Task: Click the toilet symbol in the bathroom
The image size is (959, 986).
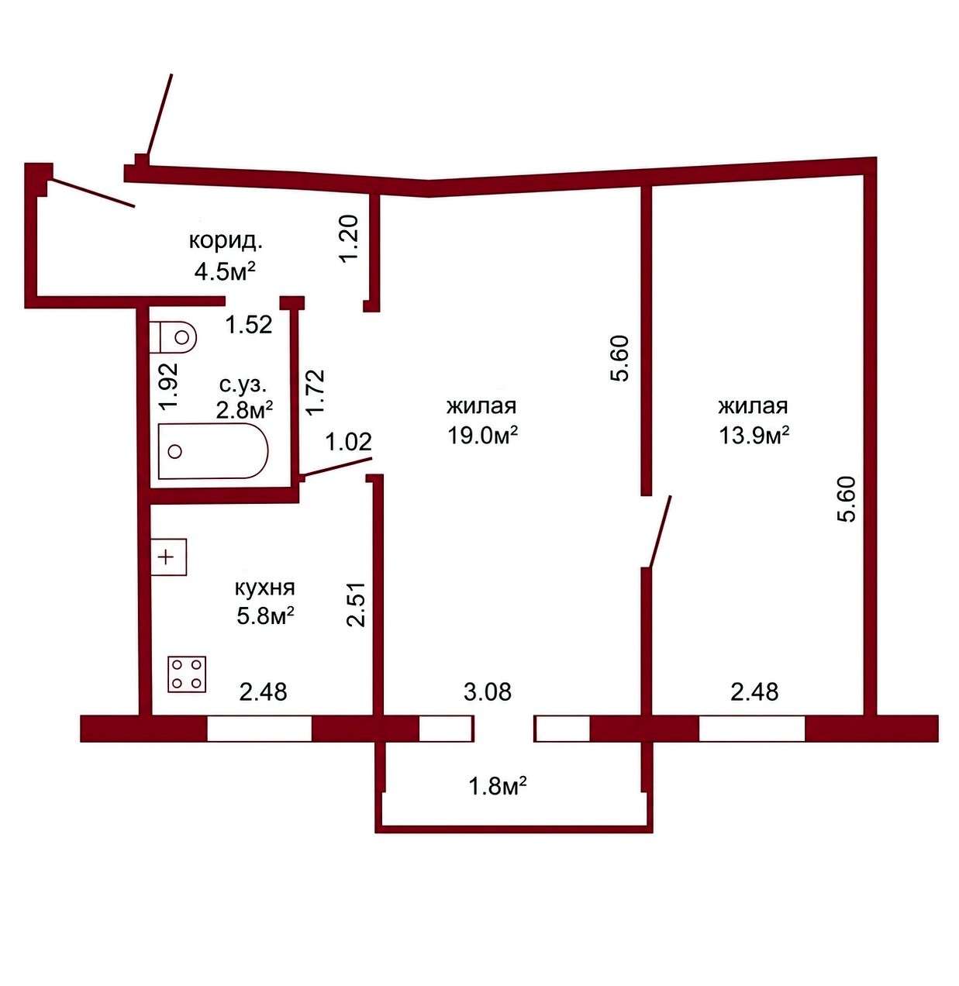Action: [x=173, y=336]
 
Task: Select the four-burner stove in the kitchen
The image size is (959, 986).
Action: [x=187, y=674]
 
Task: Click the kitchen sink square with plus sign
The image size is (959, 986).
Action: [x=169, y=557]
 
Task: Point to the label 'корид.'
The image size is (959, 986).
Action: [x=226, y=240]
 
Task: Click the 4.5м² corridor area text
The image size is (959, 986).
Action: [x=223, y=271]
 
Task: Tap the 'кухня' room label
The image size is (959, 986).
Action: [x=264, y=588]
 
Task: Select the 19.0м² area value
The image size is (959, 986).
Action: [x=482, y=435]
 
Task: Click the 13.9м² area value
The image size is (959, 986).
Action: [x=754, y=435]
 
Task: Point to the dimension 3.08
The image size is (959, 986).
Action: [x=488, y=691]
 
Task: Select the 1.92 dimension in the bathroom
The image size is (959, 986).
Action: [x=168, y=386]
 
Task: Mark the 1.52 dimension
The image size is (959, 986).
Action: [x=249, y=325]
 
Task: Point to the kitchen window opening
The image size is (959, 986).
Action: [x=260, y=729]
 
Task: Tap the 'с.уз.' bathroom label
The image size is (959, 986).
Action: [x=243, y=384]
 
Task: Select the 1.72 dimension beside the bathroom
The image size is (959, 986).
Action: [x=315, y=391]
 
